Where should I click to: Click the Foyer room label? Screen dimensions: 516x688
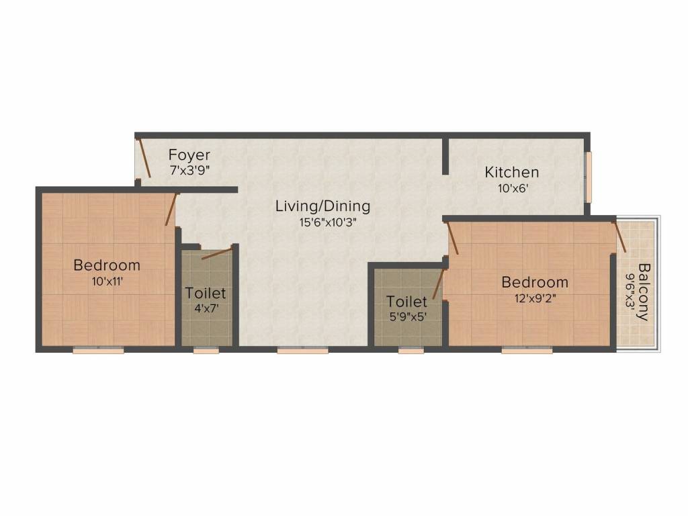coord(189,155)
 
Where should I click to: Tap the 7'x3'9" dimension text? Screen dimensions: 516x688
coord(189,171)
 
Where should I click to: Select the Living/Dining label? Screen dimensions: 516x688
coord(322,206)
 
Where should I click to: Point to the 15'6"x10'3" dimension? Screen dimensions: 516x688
coord(322,222)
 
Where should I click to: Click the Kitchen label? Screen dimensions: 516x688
coord(512,173)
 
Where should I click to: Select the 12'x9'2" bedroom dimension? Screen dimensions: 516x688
coord(535,298)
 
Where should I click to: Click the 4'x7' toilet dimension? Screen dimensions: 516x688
coord(206,309)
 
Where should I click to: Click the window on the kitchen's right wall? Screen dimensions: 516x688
coord(588,176)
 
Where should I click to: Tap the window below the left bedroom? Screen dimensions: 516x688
coord(98,349)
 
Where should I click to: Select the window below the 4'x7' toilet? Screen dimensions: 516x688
coord(205,349)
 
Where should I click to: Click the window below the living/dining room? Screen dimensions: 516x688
coord(303,349)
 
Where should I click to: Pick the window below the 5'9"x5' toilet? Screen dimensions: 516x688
coord(411,349)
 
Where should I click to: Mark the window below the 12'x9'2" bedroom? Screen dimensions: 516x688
coord(527,349)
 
